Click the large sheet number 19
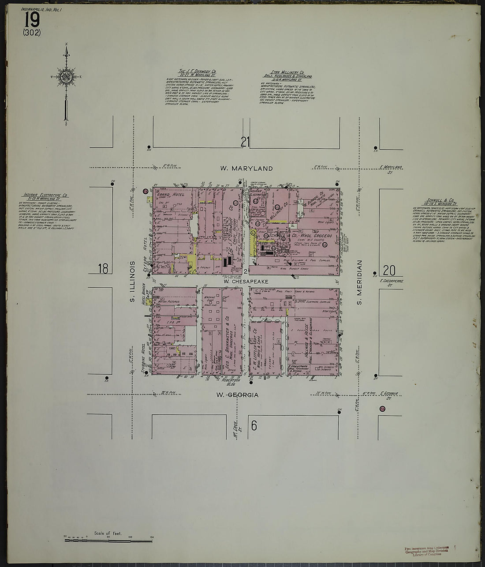(32, 20)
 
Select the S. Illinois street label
(132, 282)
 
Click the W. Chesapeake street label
(245, 281)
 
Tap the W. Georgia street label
(237, 395)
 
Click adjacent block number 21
(245, 142)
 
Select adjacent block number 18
(103, 268)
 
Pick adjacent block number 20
(389, 270)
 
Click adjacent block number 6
(254, 425)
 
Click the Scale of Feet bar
(108, 539)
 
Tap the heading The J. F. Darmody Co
(197, 71)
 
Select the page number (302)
(32, 33)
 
